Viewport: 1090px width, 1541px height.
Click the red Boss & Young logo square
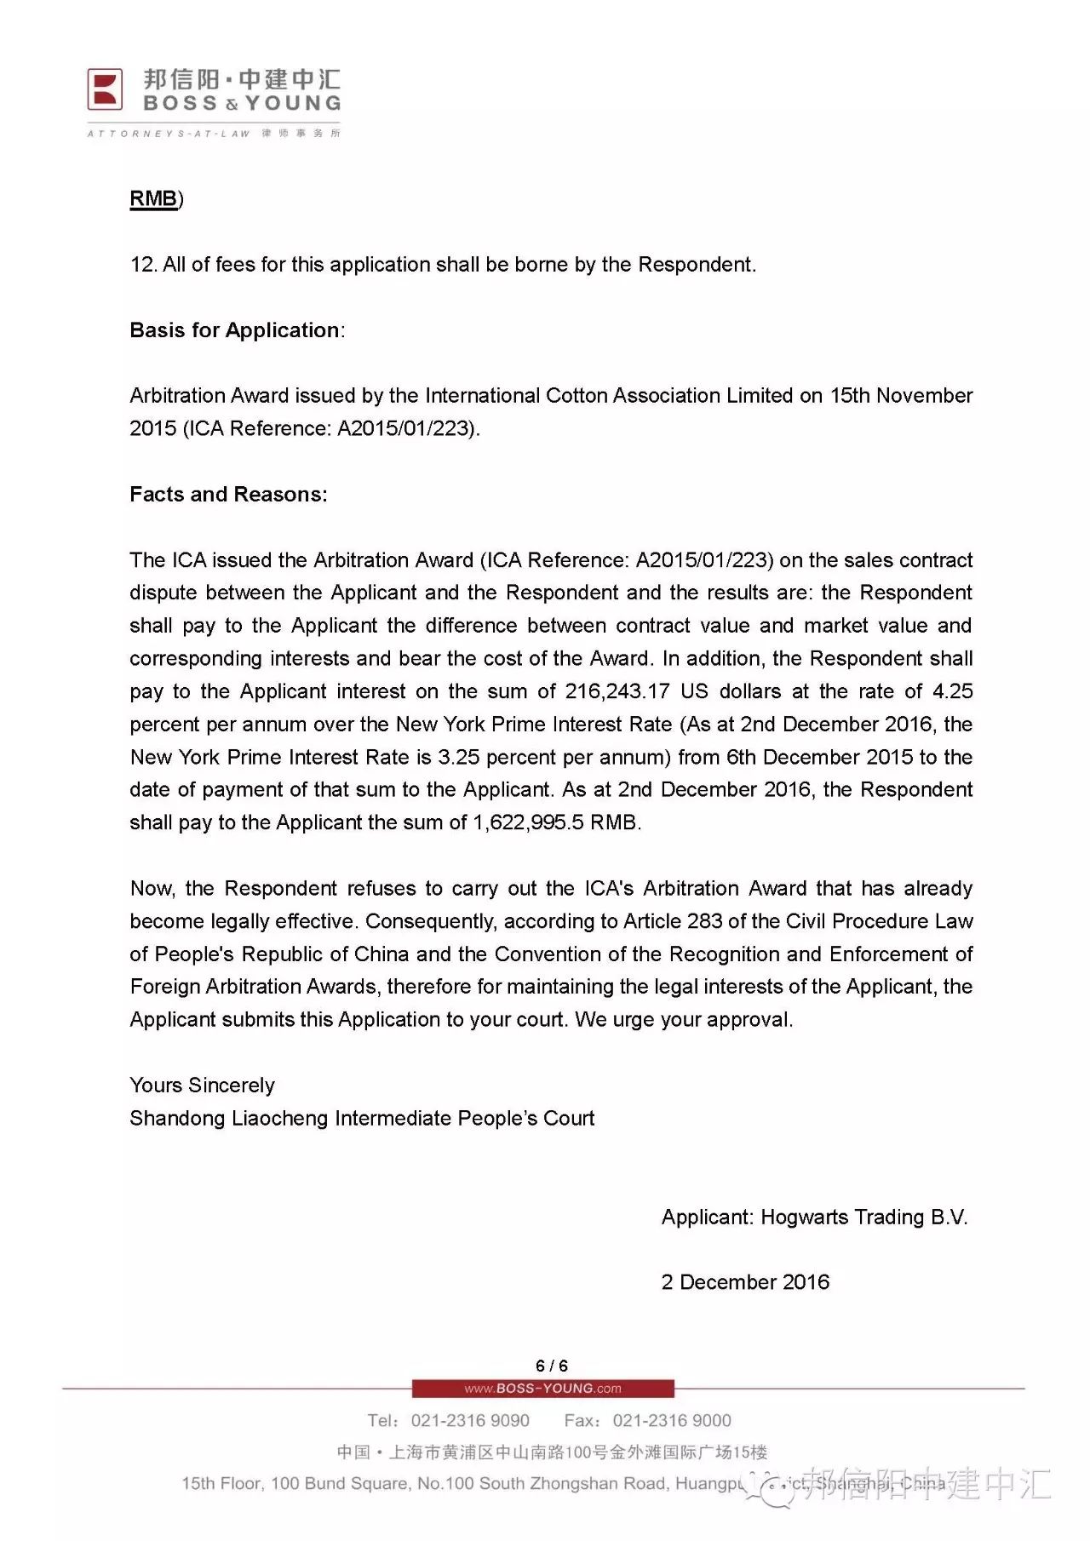point(106,89)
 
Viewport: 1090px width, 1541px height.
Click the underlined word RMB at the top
point(153,198)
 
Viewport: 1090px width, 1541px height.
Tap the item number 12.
point(142,265)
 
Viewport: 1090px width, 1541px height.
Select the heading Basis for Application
point(235,330)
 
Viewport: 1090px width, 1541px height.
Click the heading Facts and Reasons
point(228,495)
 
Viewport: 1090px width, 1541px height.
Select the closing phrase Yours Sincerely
point(202,1086)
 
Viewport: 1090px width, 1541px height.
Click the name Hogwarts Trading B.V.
point(863,1217)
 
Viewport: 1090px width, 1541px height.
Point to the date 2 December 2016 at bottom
point(745,1282)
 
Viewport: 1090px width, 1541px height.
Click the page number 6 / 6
point(552,1366)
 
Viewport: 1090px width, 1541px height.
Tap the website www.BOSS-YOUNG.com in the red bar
point(543,1389)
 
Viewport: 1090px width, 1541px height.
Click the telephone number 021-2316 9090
point(470,1420)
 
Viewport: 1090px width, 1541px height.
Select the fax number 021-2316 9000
point(672,1420)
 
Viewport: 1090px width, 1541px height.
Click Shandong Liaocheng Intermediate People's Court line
point(362,1119)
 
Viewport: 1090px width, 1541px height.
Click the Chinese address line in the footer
point(552,1452)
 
